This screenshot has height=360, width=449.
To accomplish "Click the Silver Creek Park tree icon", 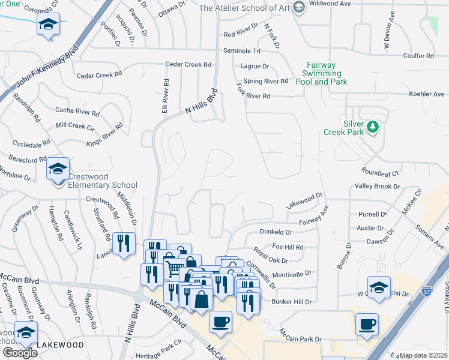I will [x=373, y=127].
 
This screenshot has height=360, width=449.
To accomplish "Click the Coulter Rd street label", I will [x=418, y=56].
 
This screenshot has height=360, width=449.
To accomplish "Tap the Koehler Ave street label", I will [x=426, y=94].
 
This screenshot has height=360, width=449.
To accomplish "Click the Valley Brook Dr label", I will [x=376, y=187].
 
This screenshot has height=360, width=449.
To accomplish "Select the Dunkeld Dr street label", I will [x=276, y=232].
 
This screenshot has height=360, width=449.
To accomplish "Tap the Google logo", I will [x=20, y=353].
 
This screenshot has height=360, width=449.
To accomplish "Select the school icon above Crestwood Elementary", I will [x=58, y=169].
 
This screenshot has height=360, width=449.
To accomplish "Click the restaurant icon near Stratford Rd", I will [x=124, y=243].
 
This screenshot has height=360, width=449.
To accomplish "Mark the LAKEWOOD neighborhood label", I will [x=59, y=346].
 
